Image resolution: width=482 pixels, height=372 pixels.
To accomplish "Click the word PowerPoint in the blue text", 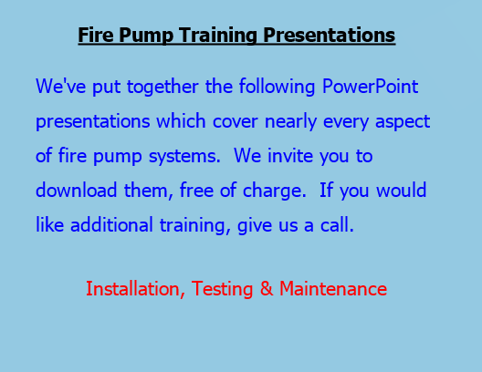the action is pyautogui.click(x=370, y=86).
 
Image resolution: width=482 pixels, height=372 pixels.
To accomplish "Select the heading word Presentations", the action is pyautogui.click(x=330, y=35).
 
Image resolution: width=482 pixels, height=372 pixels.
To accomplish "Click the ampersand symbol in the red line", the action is pyautogui.click(x=267, y=289).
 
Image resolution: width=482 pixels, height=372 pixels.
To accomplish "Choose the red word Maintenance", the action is pyautogui.click(x=333, y=289).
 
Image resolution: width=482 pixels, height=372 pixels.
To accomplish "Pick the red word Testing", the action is pyautogui.click(x=222, y=289).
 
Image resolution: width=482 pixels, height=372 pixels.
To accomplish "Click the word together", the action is pyautogui.click(x=162, y=87).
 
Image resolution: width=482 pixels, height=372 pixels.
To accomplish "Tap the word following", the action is pyautogui.click(x=277, y=87).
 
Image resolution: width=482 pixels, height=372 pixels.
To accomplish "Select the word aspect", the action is pyautogui.click(x=403, y=122).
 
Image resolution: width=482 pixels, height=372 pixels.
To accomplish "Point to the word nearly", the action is pyautogui.click(x=291, y=122).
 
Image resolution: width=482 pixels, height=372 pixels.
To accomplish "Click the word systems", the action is pyautogui.click(x=184, y=157).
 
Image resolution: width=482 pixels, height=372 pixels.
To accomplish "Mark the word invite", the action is pyautogui.click(x=290, y=156).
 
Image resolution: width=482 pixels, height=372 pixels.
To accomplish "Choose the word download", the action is pyautogui.click(x=77, y=190).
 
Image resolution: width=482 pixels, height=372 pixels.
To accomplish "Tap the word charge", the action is pyautogui.click(x=275, y=191).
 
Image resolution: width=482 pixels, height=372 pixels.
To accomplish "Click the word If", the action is pyautogui.click(x=326, y=190).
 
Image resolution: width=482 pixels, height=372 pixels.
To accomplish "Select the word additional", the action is pyautogui.click(x=111, y=224).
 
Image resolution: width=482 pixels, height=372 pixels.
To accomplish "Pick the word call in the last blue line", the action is pyautogui.click(x=337, y=224).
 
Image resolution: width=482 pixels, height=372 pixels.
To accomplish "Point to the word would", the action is pyautogui.click(x=402, y=190).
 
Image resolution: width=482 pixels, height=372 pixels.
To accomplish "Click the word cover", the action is pyautogui.click(x=236, y=122).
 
